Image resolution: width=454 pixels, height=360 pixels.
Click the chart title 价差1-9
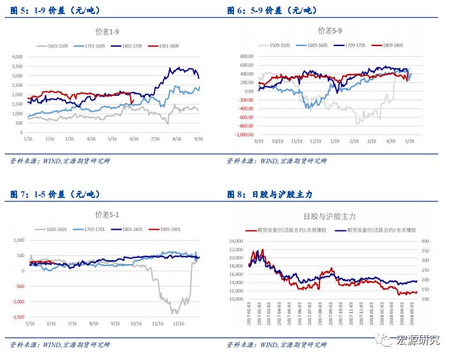pos(108,31)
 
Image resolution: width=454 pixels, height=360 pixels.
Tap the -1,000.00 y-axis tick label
pos(242,135)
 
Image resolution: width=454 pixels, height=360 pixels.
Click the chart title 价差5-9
pos(330,31)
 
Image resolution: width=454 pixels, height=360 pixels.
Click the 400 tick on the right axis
pos(426,241)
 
